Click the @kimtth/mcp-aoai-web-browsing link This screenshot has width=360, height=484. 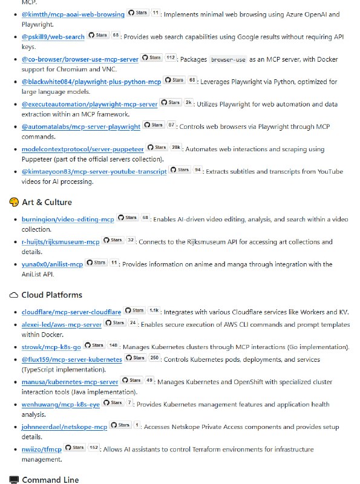coord(73,14)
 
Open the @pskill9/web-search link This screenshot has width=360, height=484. coord(53,37)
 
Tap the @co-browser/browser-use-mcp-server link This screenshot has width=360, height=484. coord(80,59)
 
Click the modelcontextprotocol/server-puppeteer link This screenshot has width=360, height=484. coord(82,149)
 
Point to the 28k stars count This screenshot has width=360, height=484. coord(176,148)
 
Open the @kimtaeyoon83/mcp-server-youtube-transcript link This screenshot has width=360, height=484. coord(94,171)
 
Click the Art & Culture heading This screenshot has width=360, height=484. coord(47,202)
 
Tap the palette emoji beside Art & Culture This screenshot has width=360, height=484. coord(14,202)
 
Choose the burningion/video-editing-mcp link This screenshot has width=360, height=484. coord(68,218)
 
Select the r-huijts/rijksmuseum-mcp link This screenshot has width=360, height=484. coord(61,241)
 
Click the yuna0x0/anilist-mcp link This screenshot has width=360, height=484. coord(52,264)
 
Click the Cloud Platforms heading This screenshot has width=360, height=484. coord(51,295)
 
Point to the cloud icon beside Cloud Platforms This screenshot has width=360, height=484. coord(14,295)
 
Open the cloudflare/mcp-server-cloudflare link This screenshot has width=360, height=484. coord(71,312)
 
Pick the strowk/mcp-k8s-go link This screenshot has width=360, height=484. coord(51,347)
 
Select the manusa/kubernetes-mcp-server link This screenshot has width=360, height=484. coord(70,382)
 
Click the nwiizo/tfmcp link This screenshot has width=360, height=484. coord(41,450)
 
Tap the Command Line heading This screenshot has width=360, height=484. coord(50,480)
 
